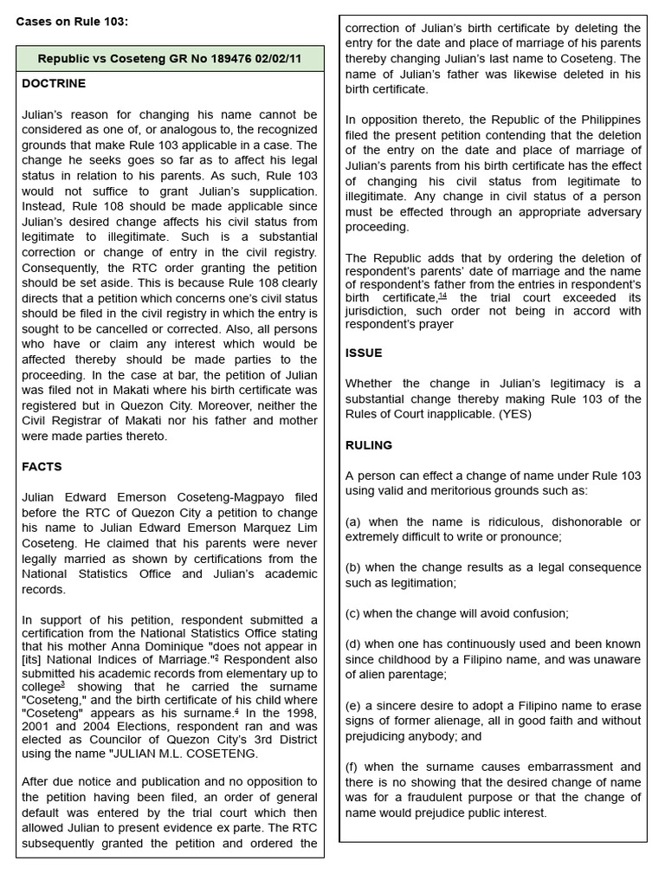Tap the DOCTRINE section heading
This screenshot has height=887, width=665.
pos(54,84)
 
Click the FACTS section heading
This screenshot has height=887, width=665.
pos(42,467)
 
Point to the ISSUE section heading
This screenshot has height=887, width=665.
pos(364,353)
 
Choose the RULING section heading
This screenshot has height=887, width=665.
pos(369,445)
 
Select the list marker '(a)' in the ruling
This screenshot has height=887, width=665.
pos(353,521)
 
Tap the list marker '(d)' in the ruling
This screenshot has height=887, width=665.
pos(353,644)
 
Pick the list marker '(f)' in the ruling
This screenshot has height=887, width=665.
pos(352,767)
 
